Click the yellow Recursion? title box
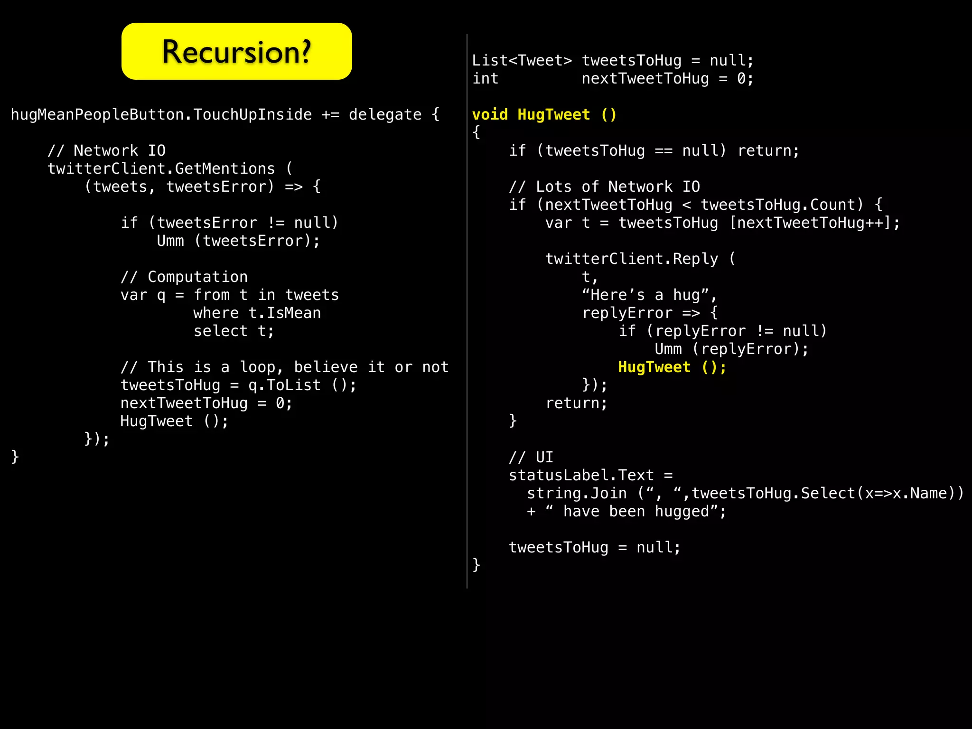tap(236, 51)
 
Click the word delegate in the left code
tap(385, 115)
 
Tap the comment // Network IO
tap(106, 151)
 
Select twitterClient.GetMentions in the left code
tap(161, 169)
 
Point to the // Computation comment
tap(184, 277)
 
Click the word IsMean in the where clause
tap(294, 313)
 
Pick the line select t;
tap(234, 331)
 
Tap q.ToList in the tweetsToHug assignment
tap(284, 385)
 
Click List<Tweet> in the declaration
tap(522, 61)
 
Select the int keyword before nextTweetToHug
tap(486, 79)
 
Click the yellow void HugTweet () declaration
tap(544, 115)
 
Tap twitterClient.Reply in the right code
tap(632, 259)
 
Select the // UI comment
tap(531, 458)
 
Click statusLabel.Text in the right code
tap(581, 476)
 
